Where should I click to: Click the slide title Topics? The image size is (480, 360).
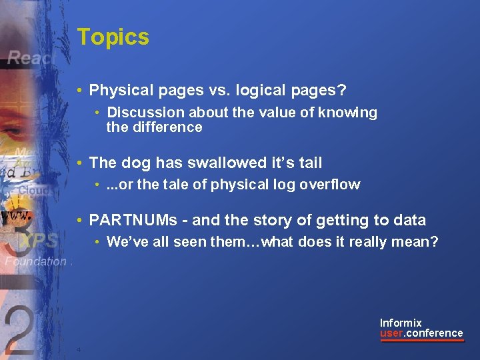point(113,37)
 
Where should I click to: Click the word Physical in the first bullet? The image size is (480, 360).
point(117,90)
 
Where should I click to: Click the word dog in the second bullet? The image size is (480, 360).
point(136,163)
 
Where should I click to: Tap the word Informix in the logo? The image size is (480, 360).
point(401,323)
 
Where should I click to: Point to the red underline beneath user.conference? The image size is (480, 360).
point(421,341)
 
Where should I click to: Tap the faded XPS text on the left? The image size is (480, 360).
point(38,241)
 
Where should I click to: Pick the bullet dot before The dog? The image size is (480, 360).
point(79,163)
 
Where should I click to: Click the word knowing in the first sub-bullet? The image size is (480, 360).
point(349,113)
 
